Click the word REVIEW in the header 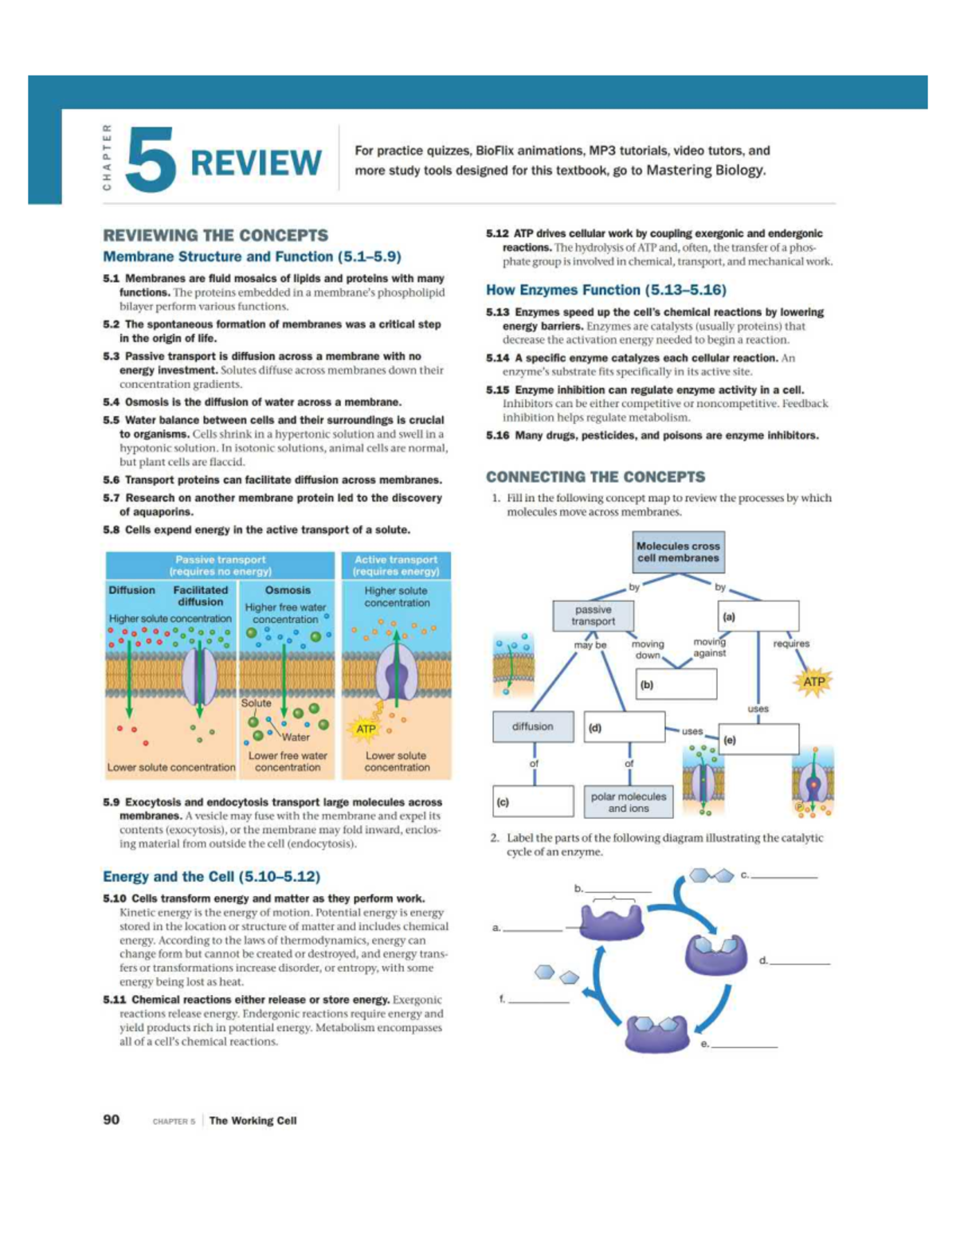click(x=256, y=162)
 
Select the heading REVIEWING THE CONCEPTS click(x=215, y=235)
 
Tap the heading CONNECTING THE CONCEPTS click(x=595, y=476)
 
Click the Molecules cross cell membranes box click(x=678, y=552)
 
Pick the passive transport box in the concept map click(x=593, y=616)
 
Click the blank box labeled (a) click(x=758, y=616)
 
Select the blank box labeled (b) click(x=676, y=683)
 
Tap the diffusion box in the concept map click(x=532, y=726)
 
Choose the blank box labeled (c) click(x=533, y=801)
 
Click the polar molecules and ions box click(x=629, y=802)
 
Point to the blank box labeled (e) click(x=758, y=739)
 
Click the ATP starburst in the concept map click(x=813, y=682)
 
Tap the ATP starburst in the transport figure click(x=366, y=729)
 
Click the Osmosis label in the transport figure click(x=288, y=590)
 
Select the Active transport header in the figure click(x=396, y=566)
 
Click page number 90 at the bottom click(x=111, y=1119)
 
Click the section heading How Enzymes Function click(x=605, y=290)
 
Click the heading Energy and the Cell click(x=211, y=876)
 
